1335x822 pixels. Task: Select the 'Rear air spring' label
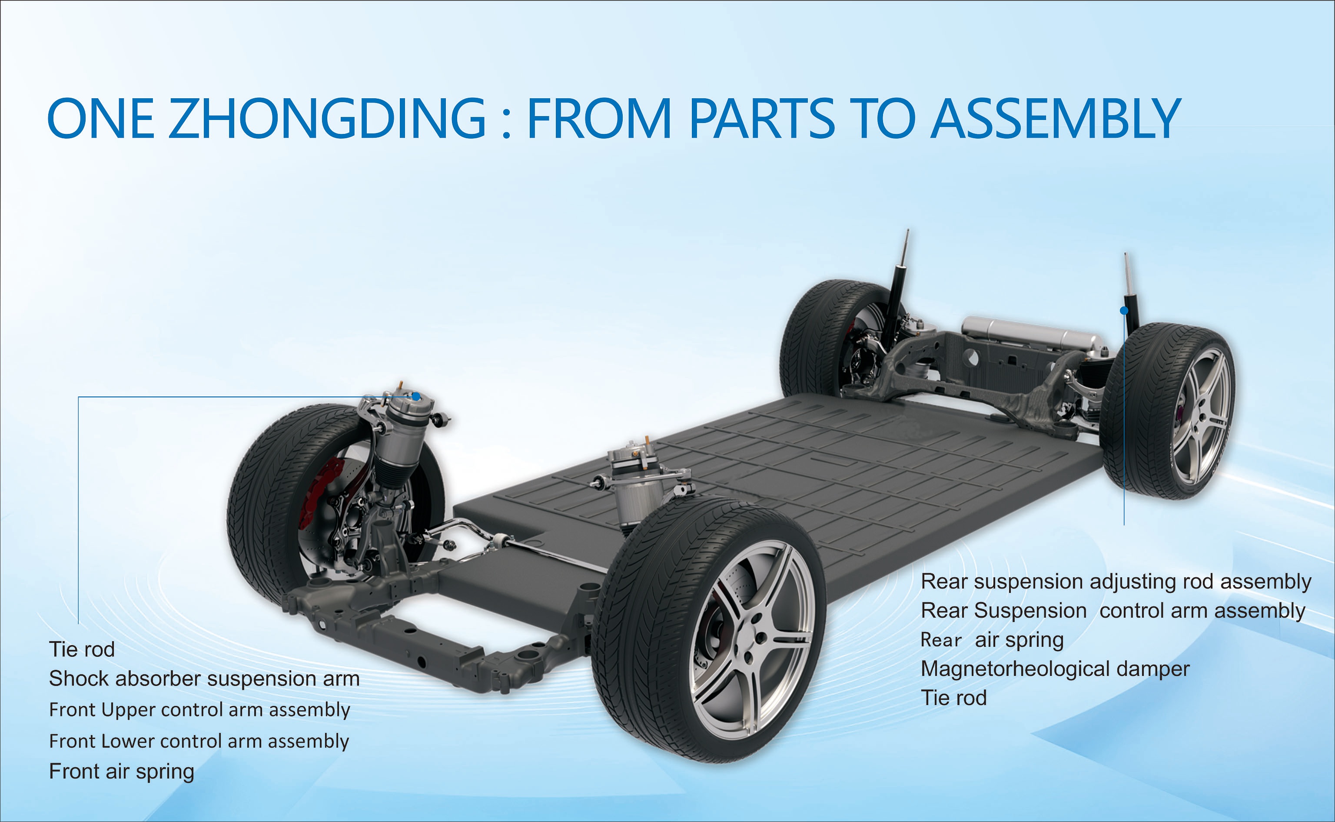(x=992, y=640)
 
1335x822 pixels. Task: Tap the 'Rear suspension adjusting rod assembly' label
(x=1116, y=582)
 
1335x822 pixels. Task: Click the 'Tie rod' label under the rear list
(x=953, y=698)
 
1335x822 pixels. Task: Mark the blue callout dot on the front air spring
(x=416, y=396)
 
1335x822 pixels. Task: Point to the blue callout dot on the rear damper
(x=1124, y=310)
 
